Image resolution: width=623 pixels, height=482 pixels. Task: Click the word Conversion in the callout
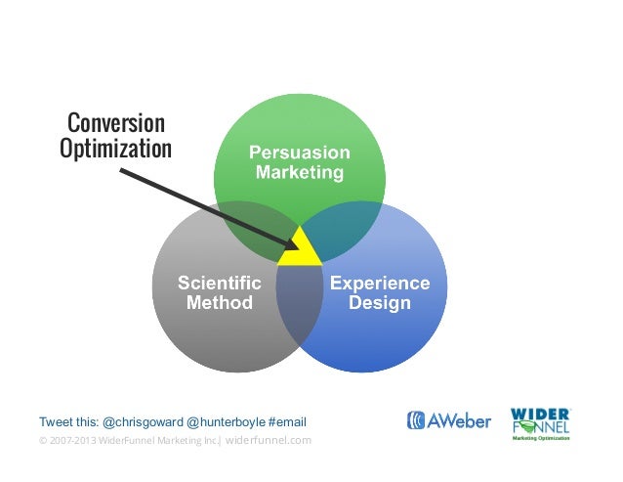click(115, 124)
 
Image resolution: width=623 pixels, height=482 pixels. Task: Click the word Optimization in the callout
click(115, 150)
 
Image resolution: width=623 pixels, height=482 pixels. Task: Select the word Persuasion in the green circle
click(299, 153)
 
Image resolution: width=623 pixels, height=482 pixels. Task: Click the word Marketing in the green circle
click(299, 173)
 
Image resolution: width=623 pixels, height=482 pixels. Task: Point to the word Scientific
click(219, 283)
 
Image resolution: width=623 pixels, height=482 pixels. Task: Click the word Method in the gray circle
click(219, 303)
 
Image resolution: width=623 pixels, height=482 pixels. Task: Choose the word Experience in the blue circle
click(380, 283)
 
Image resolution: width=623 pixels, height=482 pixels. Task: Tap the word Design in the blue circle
click(380, 303)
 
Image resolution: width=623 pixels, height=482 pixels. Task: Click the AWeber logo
click(448, 421)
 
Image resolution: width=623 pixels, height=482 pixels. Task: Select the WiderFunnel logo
click(541, 422)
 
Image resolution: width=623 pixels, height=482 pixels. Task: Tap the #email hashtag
click(287, 422)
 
